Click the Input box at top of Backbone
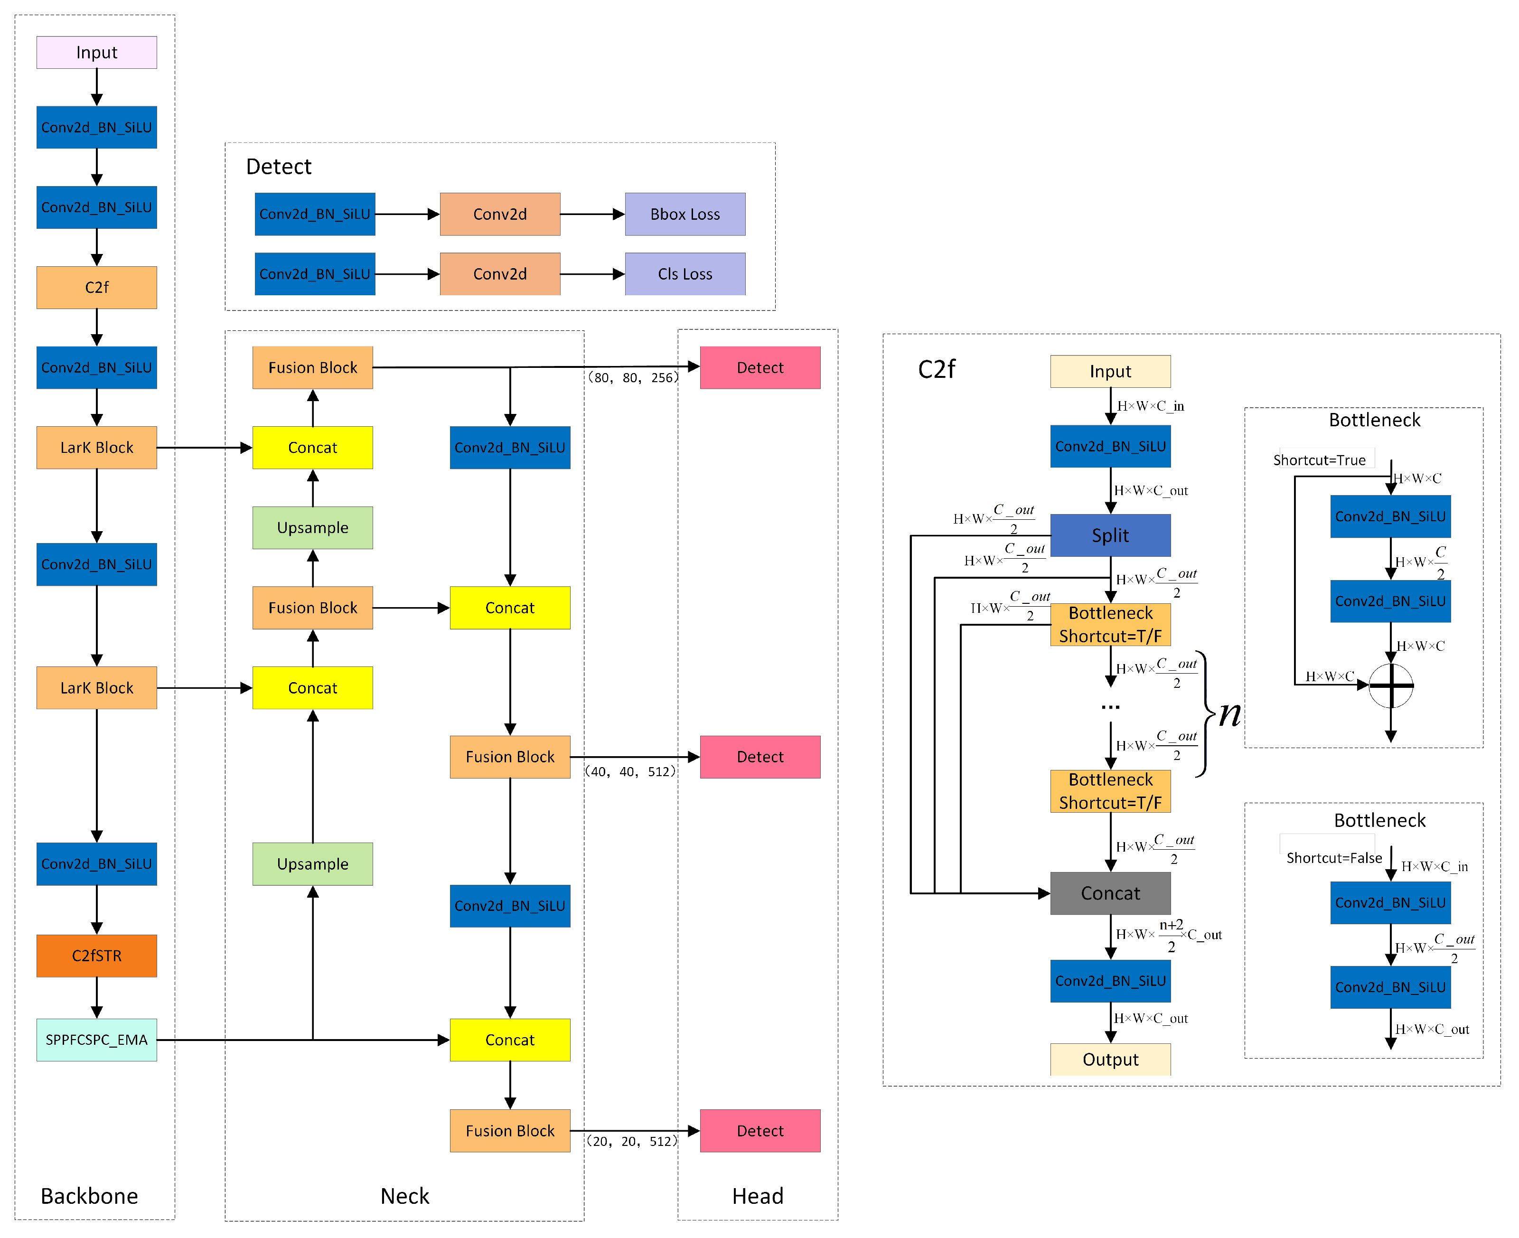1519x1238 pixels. [96, 53]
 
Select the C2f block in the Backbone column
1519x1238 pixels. [96, 287]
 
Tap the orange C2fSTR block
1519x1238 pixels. [96, 956]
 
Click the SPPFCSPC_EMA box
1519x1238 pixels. [96, 1040]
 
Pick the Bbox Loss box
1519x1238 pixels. [684, 214]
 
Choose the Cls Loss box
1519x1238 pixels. [684, 274]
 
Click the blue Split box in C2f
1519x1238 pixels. [1110, 535]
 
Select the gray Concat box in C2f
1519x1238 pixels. [1110, 893]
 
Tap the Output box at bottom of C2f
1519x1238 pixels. [1110, 1059]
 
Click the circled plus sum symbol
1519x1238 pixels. [1391, 686]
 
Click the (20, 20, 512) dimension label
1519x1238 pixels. [631, 1142]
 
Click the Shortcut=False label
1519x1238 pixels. [1333, 858]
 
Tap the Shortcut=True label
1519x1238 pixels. [1319, 460]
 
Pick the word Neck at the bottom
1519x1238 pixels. [404, 1196]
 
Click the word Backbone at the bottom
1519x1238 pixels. [89, 1196]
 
